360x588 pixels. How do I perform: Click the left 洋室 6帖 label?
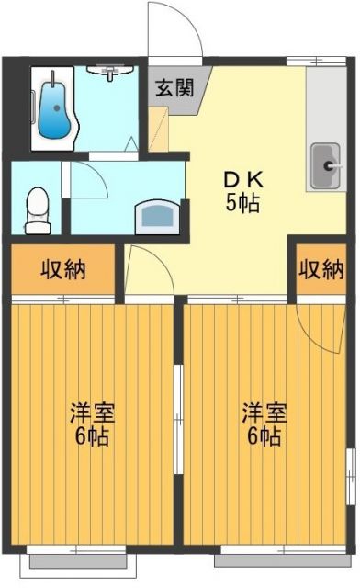tap(90, 424)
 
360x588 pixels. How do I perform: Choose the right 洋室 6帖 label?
tap(264, 424)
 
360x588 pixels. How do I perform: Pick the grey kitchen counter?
tap(324, 129)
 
